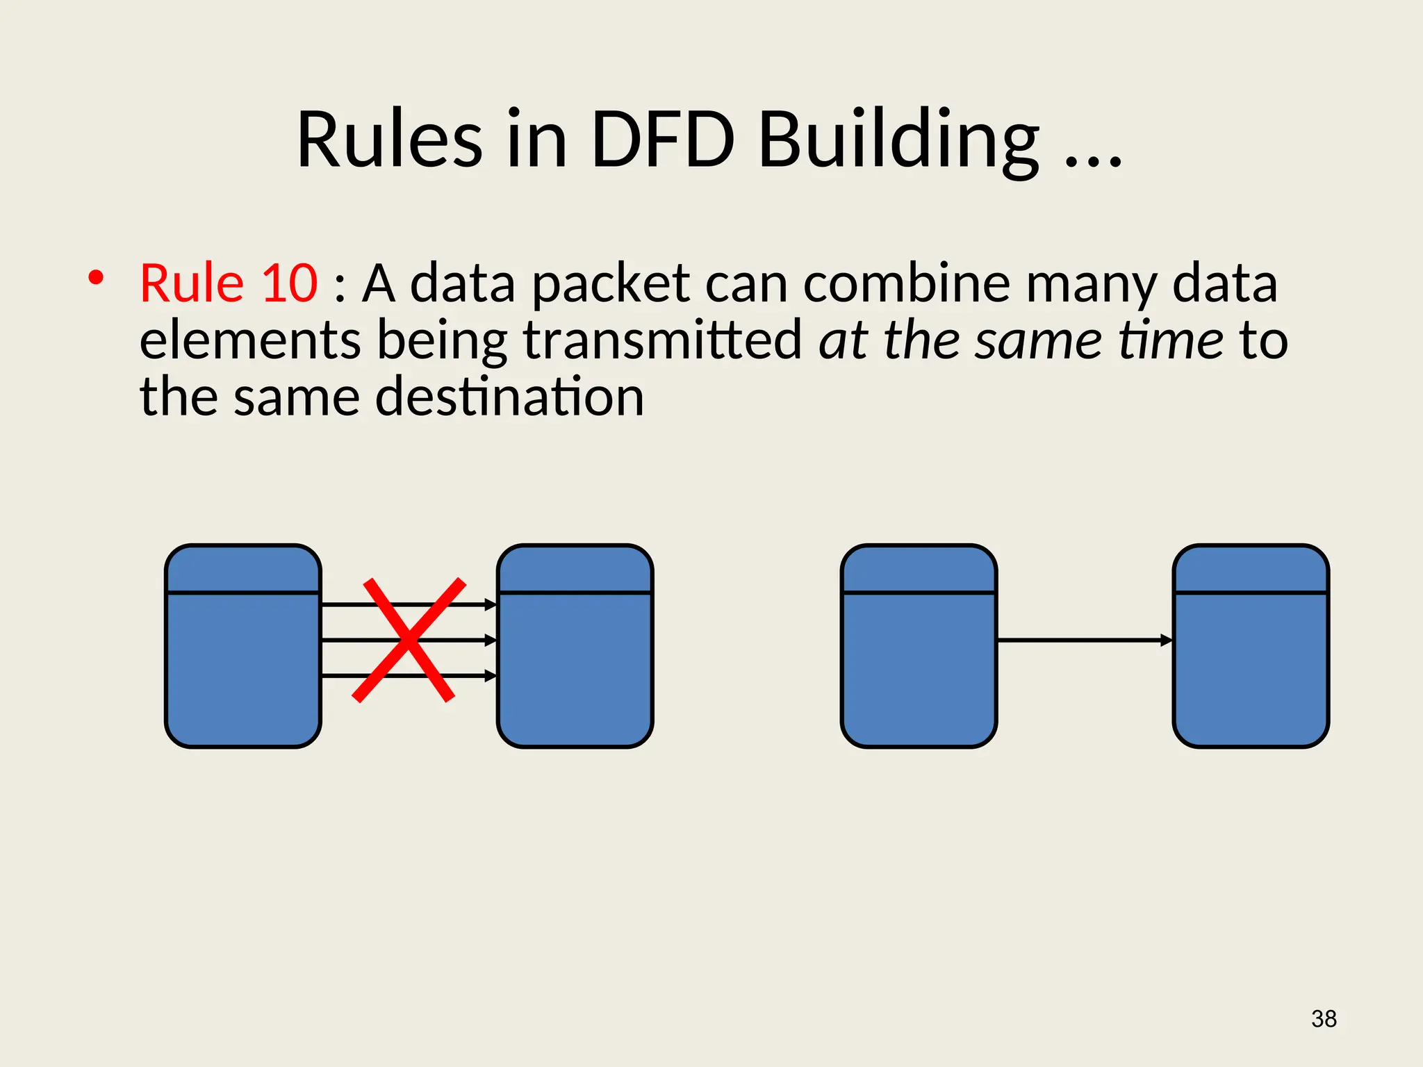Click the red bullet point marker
(96, 279)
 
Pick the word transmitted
(662, 340)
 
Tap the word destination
(509, 397)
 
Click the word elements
(250, 340)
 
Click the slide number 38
(1324, 1018)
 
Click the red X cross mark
(408, 640)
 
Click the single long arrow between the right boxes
(1084, 640)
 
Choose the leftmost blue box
(242, 646)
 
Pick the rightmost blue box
(1251, 646)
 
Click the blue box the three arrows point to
(575, 646)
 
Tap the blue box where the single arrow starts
(919, 646)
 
